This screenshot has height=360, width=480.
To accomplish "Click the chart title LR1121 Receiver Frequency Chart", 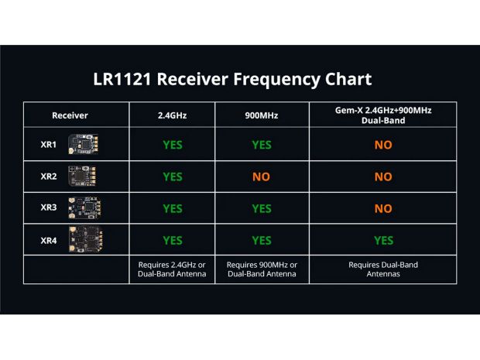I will point(231,79).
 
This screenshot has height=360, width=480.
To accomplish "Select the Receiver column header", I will point(70,115).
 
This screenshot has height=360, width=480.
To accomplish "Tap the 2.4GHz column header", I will point(172,115).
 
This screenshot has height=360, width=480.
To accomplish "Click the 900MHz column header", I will point(261,115).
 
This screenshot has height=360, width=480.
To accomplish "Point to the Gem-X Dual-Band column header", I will point(382,115).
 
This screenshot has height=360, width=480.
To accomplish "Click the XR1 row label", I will point(49,145).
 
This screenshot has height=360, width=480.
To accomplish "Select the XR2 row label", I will point(49,177).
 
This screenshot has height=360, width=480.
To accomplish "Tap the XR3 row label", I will point(49,207).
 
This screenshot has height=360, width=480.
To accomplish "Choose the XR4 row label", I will point(49,240).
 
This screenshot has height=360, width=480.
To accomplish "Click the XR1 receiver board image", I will point(84,145).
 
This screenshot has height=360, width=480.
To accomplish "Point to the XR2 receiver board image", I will point(84,177).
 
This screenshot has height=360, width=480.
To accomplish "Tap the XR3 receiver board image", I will point(84,207).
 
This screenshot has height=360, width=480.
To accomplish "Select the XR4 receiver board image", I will point(84,240).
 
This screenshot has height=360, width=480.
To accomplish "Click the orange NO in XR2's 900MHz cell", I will point(261,177).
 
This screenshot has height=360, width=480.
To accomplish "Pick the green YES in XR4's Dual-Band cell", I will point(382,240).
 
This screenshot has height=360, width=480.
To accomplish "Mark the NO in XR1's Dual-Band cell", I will point(382,145).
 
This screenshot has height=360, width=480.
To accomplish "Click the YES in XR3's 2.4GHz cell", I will point(172,208).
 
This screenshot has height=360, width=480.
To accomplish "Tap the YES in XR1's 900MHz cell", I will point(261,145).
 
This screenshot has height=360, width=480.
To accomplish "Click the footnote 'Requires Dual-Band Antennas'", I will point(382,269).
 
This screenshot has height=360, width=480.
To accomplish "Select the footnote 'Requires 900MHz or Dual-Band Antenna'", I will point(261,269).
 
